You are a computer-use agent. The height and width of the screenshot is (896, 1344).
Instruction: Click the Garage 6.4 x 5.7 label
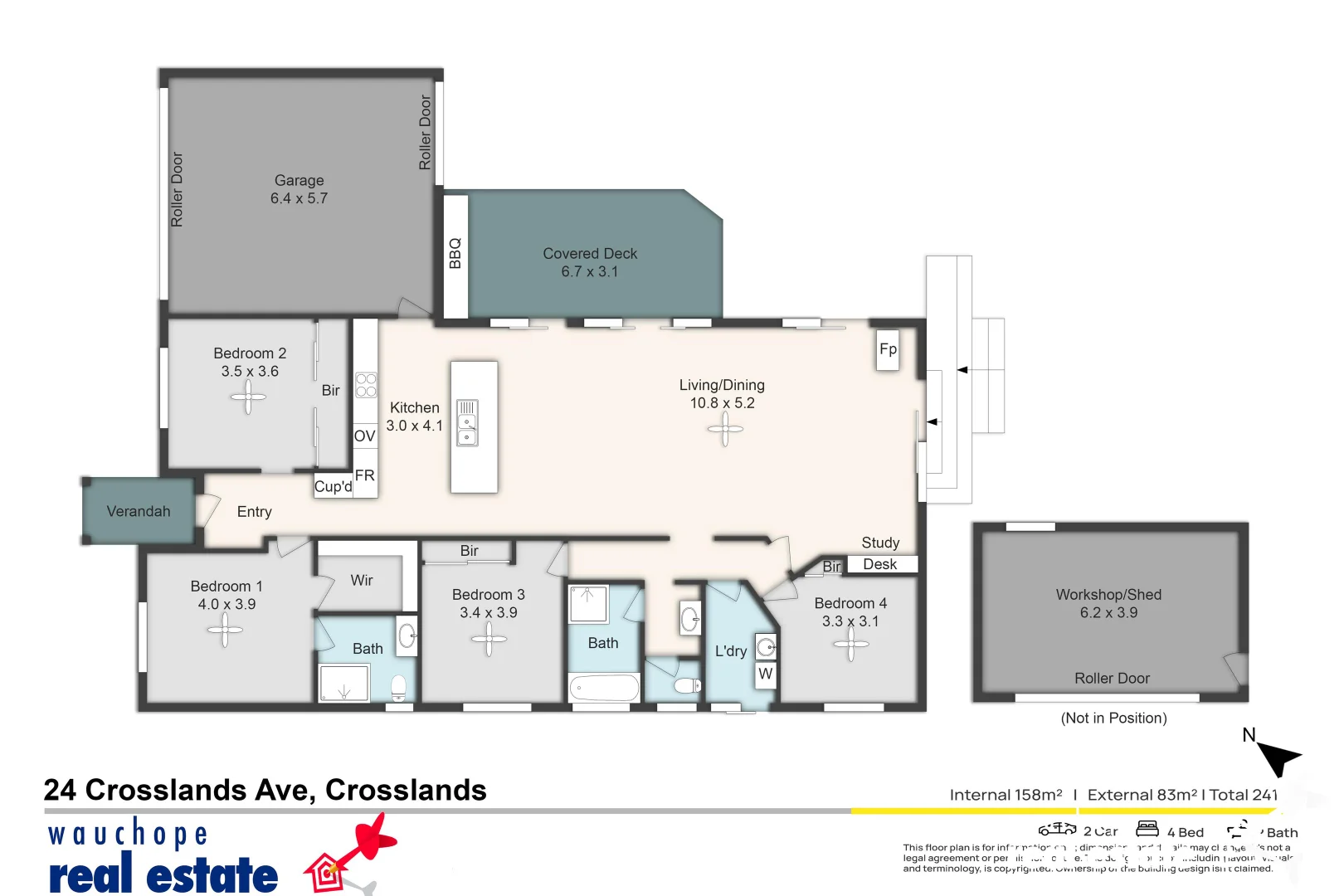[x=299, y=189]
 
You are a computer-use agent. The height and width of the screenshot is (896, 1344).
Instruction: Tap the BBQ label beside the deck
[x=455, y=254]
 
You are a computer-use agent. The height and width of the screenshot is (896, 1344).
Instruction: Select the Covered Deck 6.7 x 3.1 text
[x=590, y=262]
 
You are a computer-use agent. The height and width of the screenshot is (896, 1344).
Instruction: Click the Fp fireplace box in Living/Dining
[x=888, y=349]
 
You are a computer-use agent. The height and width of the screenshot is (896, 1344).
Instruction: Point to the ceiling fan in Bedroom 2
[x=248, y=397]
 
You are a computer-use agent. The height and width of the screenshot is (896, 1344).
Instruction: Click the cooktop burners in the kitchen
[x=366, y=385]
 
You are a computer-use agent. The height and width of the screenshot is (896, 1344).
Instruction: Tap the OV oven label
[x=364, y=436]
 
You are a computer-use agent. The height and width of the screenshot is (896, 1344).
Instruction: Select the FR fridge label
[x=364, y=475]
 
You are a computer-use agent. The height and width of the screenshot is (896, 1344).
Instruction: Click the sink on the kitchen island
[x=468, y=423]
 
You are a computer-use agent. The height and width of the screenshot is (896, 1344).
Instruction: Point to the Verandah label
[x=139, y=512]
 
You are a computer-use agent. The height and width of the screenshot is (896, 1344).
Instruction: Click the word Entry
[x=254, y=512]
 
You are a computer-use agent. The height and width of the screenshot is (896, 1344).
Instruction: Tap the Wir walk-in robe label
[x=362, y=581]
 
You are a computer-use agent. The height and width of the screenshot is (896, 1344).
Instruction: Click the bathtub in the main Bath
[x=604, y=688]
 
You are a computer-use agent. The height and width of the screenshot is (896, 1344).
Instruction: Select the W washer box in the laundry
[x=766, y=674]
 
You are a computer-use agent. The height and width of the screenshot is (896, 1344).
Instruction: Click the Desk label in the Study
[x=880, y=564]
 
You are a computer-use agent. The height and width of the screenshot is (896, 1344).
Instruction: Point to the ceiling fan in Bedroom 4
[x=851, y=645]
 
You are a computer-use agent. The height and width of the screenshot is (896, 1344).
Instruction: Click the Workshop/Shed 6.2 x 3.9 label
[x=1108, y=604]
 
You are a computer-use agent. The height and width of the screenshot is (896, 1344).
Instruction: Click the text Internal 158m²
[x=1006, y=795]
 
